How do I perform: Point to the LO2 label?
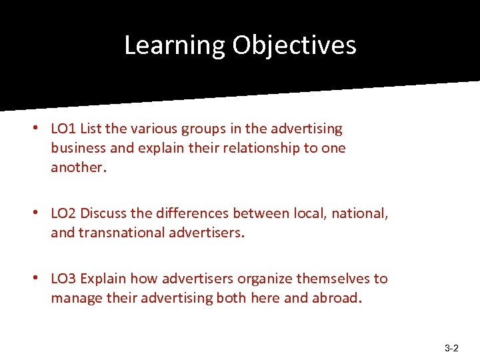[63, 213]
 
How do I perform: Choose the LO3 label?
[63, 279]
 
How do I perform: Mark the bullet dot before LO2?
[41, 213]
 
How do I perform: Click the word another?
[76, 167]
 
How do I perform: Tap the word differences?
[193, 213]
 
